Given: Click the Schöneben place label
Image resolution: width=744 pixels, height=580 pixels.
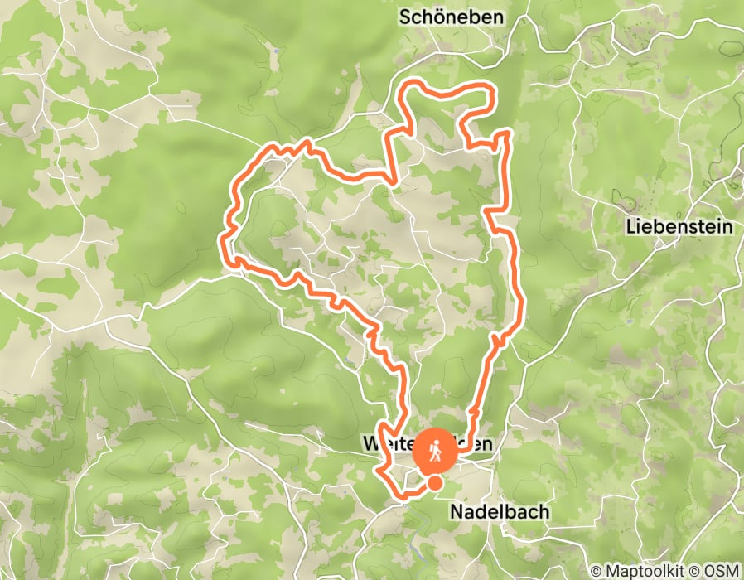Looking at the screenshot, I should point(452,17).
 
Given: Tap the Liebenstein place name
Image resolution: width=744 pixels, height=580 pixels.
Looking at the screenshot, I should point(679,227).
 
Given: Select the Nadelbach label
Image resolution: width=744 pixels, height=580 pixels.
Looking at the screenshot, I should point(499,511).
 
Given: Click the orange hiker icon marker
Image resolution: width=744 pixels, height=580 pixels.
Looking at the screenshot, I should point(435,451).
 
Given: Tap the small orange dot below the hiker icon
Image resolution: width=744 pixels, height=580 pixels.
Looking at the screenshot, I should point(434,483).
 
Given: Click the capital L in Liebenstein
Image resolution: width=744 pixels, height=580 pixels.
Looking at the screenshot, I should point(632,227).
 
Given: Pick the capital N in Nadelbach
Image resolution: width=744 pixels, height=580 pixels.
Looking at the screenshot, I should point(456,511).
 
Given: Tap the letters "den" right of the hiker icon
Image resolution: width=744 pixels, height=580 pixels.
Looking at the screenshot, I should point(478,444).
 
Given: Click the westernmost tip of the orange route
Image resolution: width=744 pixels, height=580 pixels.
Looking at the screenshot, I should point(222,241).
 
